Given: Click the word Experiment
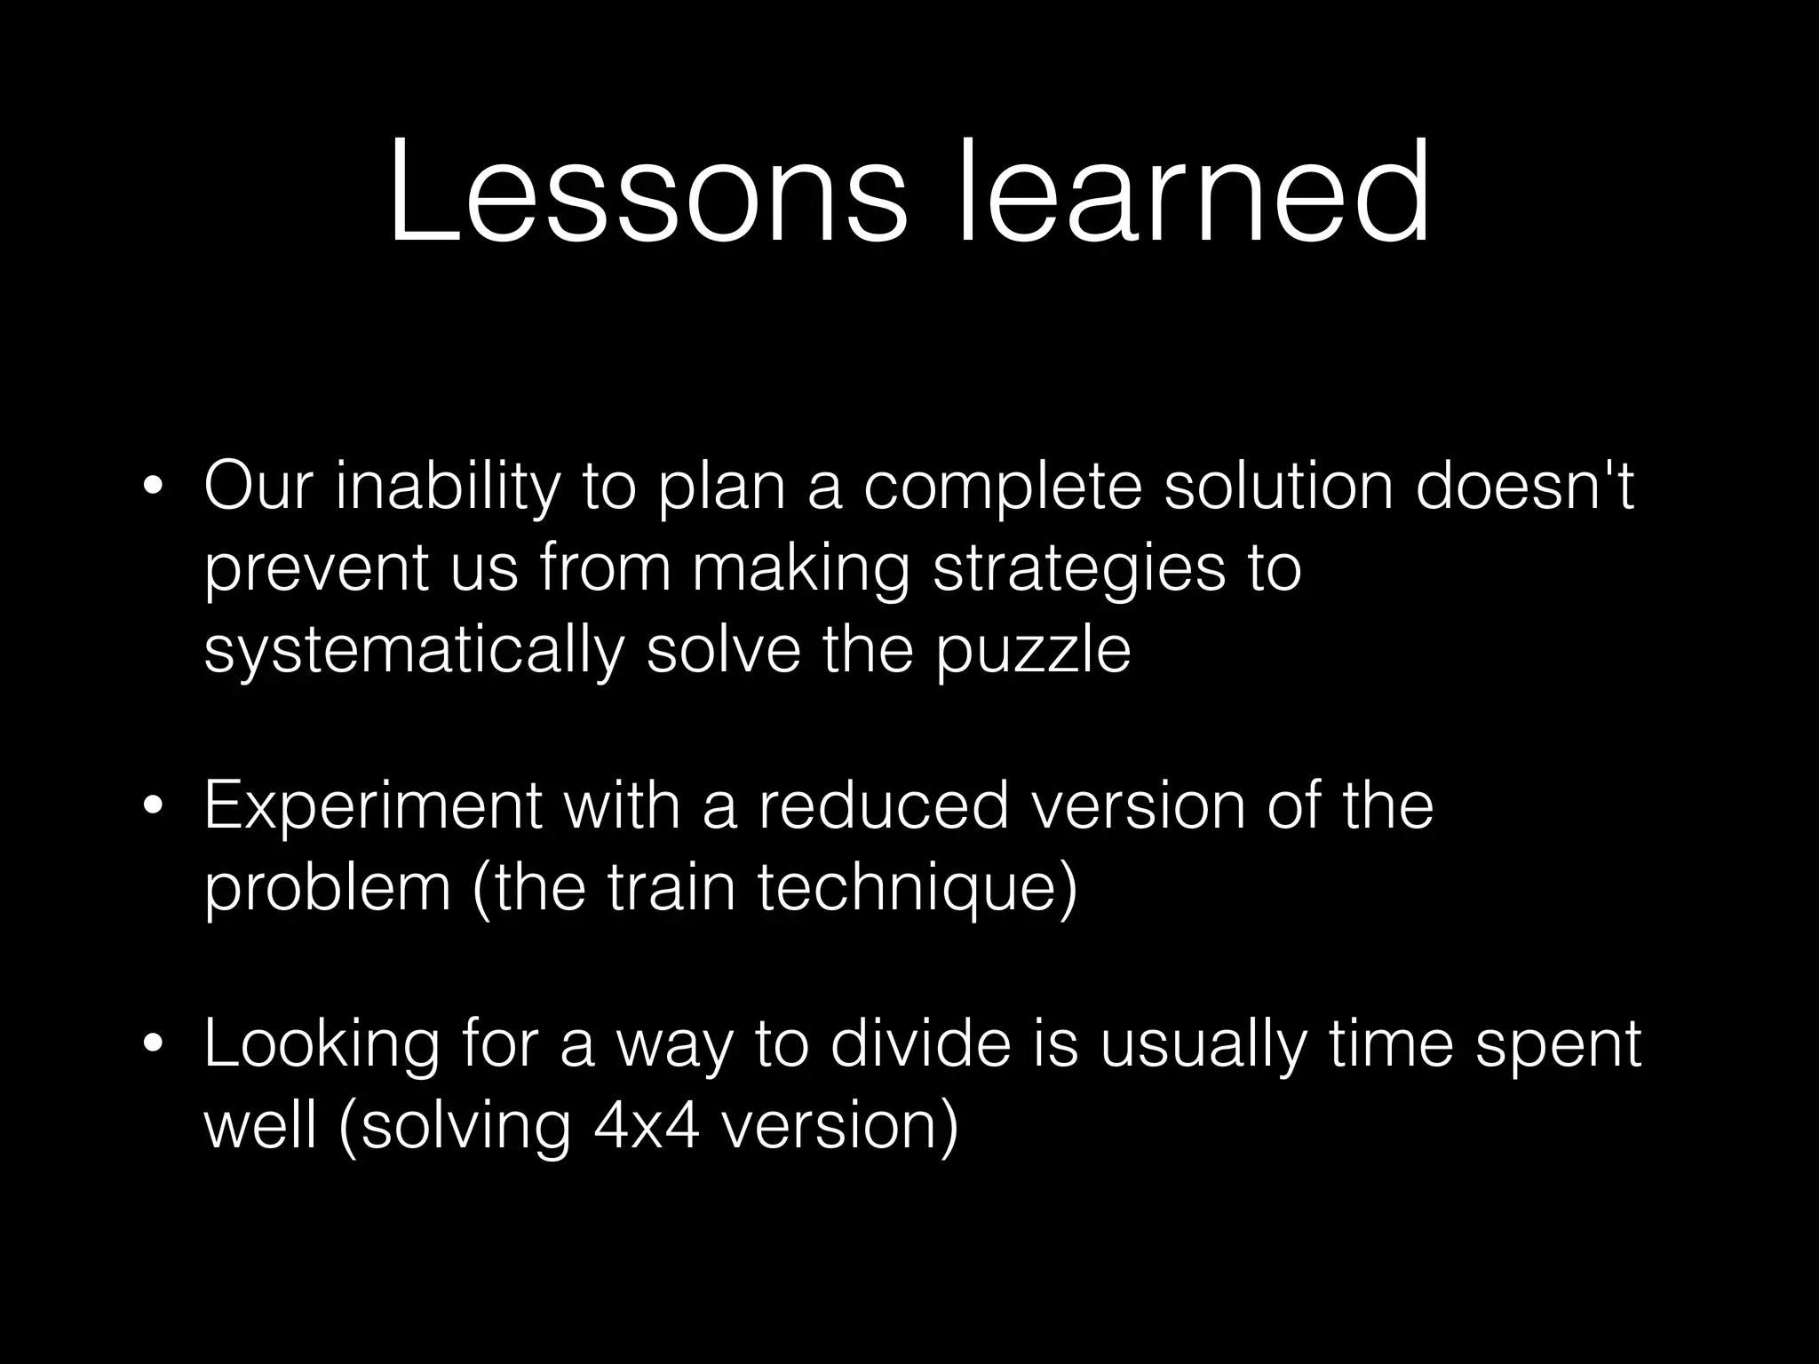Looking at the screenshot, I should pos(373,806).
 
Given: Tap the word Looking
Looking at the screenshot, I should pos(322,1046).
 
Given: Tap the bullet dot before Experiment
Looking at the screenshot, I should pos(154,806).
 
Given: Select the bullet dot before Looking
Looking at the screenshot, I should pos(154,1044).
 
